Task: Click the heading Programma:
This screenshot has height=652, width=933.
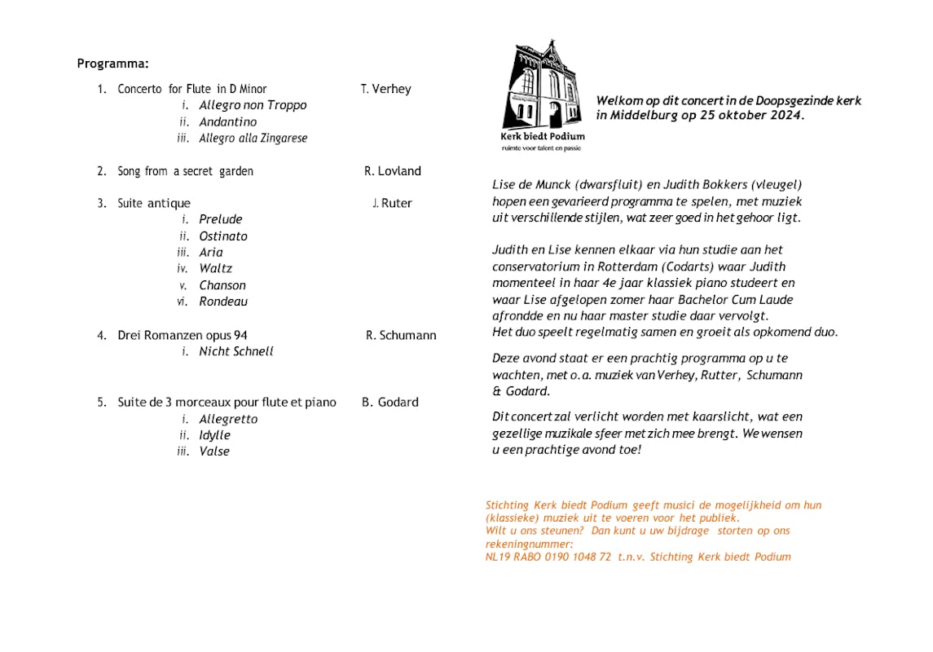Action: click(112, 64)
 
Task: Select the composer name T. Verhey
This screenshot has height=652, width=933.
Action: click(385, 89)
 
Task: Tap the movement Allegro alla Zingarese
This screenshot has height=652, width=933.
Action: click(253, 139)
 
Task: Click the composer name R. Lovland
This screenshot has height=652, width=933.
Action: click(392, 171)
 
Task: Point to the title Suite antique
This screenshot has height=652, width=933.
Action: click(154, 204)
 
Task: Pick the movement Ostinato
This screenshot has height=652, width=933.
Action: click(222, 236)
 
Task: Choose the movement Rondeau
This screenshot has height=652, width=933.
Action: click(223, 302)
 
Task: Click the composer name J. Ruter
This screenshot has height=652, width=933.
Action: click(392, 204)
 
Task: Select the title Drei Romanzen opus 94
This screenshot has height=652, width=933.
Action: click(183, 335)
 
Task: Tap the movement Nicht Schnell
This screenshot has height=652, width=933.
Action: click(235, 351)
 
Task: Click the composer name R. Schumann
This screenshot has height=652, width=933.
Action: click(401, 335)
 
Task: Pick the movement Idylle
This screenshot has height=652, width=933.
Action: click(214, 435)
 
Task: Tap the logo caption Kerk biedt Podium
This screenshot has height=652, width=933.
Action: click(542, 136)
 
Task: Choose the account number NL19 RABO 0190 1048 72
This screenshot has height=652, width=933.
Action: click(548, 557)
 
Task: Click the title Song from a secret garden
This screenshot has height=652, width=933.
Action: click(185, 171)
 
